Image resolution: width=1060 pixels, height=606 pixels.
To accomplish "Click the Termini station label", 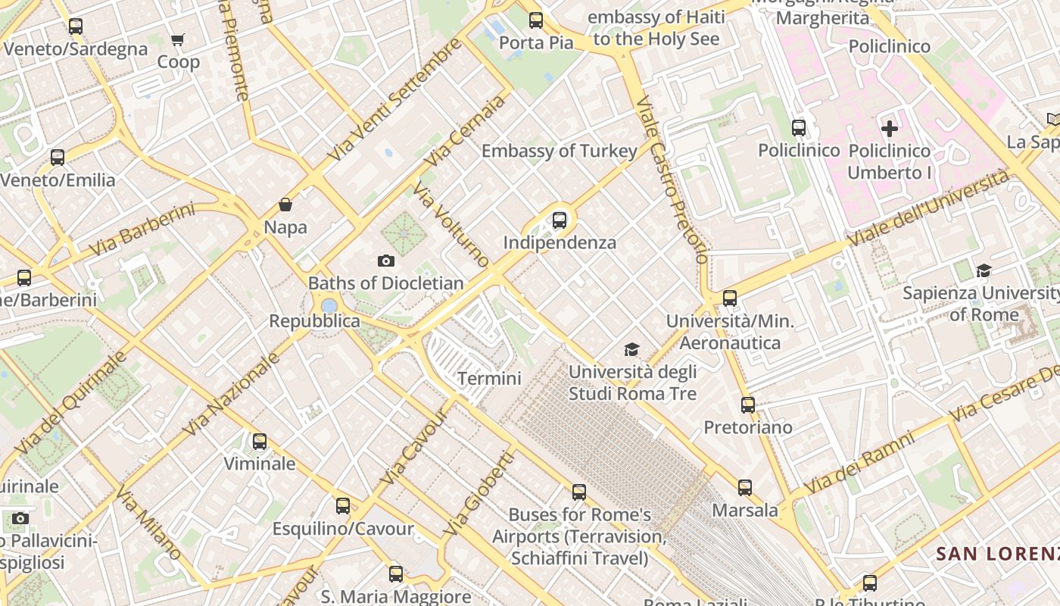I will point(489,378).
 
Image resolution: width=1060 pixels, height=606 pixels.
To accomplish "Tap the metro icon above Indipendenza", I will point(559,220).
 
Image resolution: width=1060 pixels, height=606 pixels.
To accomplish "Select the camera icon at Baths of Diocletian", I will point(385,261).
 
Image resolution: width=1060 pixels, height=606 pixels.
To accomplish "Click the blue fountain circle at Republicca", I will point(329,306).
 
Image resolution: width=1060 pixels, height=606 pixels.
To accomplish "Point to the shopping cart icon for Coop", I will point(177,39).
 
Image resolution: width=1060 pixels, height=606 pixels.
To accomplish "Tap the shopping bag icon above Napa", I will point(285,205).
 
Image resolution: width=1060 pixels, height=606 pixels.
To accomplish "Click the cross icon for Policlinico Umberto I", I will point(890,129).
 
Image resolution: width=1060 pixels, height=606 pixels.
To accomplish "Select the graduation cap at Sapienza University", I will point(984,270).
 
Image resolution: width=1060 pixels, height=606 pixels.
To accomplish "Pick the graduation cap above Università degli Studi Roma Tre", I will point(631,349).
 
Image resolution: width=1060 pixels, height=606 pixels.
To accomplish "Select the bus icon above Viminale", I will point(260,441).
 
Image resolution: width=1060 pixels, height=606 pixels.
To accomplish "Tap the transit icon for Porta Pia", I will point(536,20).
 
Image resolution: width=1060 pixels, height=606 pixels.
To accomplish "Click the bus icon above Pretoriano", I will point(748,405).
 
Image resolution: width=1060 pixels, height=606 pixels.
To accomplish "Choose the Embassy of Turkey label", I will point(560,151).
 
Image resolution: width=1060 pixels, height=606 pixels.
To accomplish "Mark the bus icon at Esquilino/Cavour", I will point(343,506).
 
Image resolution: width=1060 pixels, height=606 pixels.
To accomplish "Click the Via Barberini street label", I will point(142,230).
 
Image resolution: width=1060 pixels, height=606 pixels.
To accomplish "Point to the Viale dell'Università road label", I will point(928,209).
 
